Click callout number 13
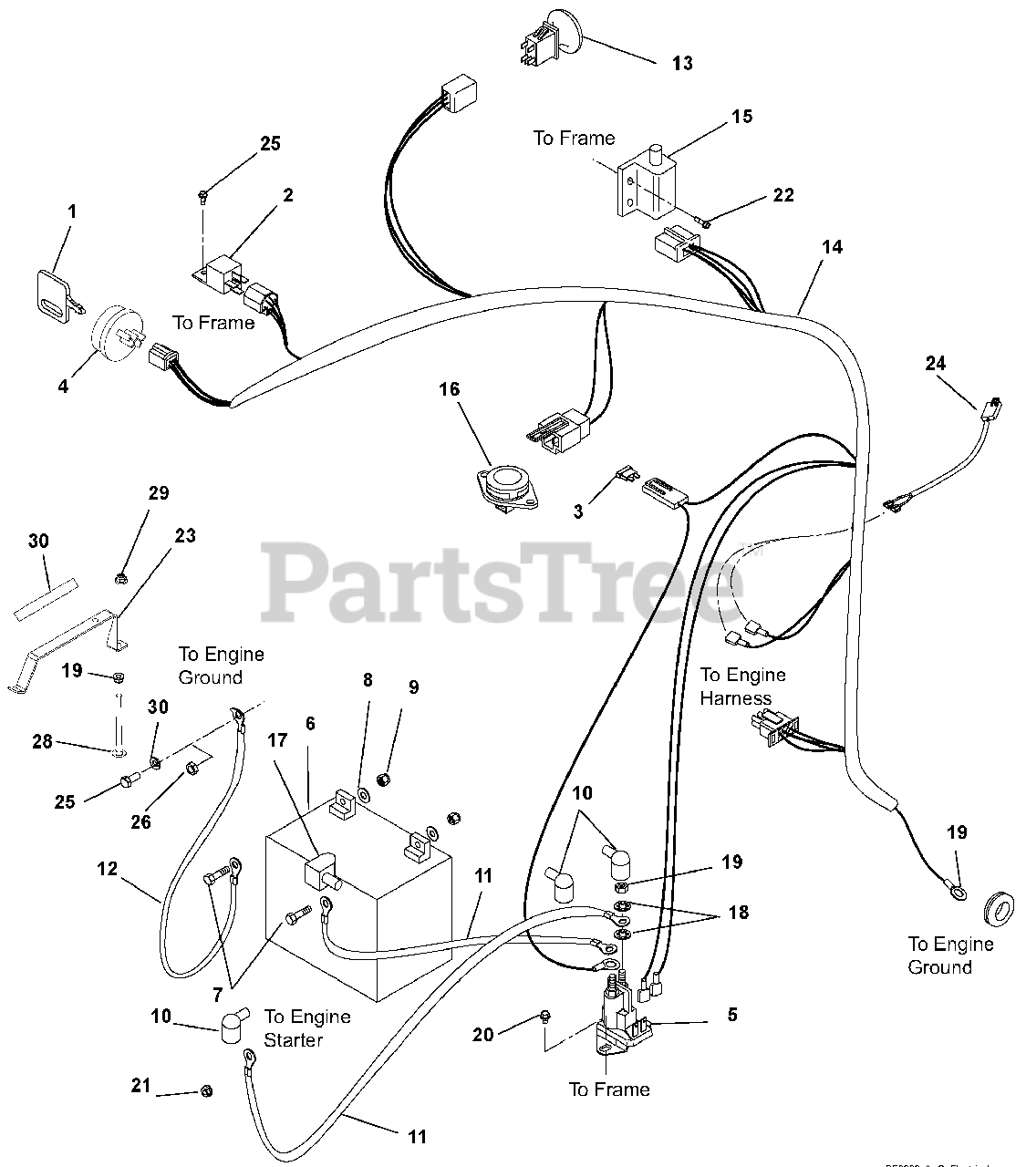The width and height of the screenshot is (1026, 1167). coord(682,63)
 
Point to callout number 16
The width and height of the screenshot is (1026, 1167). coord(449,390)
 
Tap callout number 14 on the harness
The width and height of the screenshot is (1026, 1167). coord(832,247)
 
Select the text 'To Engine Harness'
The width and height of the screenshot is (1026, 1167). coord(742,687)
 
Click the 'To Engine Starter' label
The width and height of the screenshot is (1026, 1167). coord(307,1028)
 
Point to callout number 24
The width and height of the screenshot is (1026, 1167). coord(936,363)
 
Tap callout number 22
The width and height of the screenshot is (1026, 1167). coord(782,195)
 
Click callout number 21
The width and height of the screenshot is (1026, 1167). coord(140,1086)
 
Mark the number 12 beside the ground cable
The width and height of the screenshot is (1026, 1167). coord(108,869)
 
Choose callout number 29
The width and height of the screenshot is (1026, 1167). coord(159,493)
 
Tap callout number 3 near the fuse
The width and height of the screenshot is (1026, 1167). coord(578,511)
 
